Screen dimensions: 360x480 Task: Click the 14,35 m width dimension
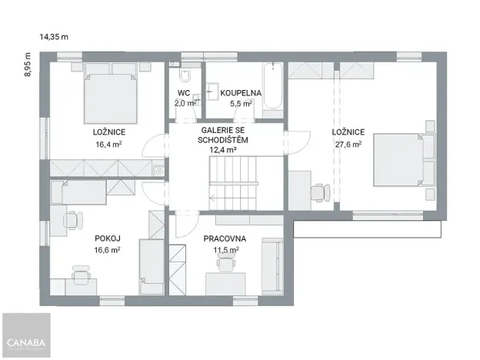tap(54, 36)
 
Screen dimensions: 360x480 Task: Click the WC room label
tap(184, 93)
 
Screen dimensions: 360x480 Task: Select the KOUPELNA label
tap(241, 93)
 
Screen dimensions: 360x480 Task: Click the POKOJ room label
tap(107, 238)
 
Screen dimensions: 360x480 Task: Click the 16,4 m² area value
tap(108, 143)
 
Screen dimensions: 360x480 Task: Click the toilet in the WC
tap(185, 78)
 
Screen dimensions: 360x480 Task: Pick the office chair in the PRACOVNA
tap(225, 265)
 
